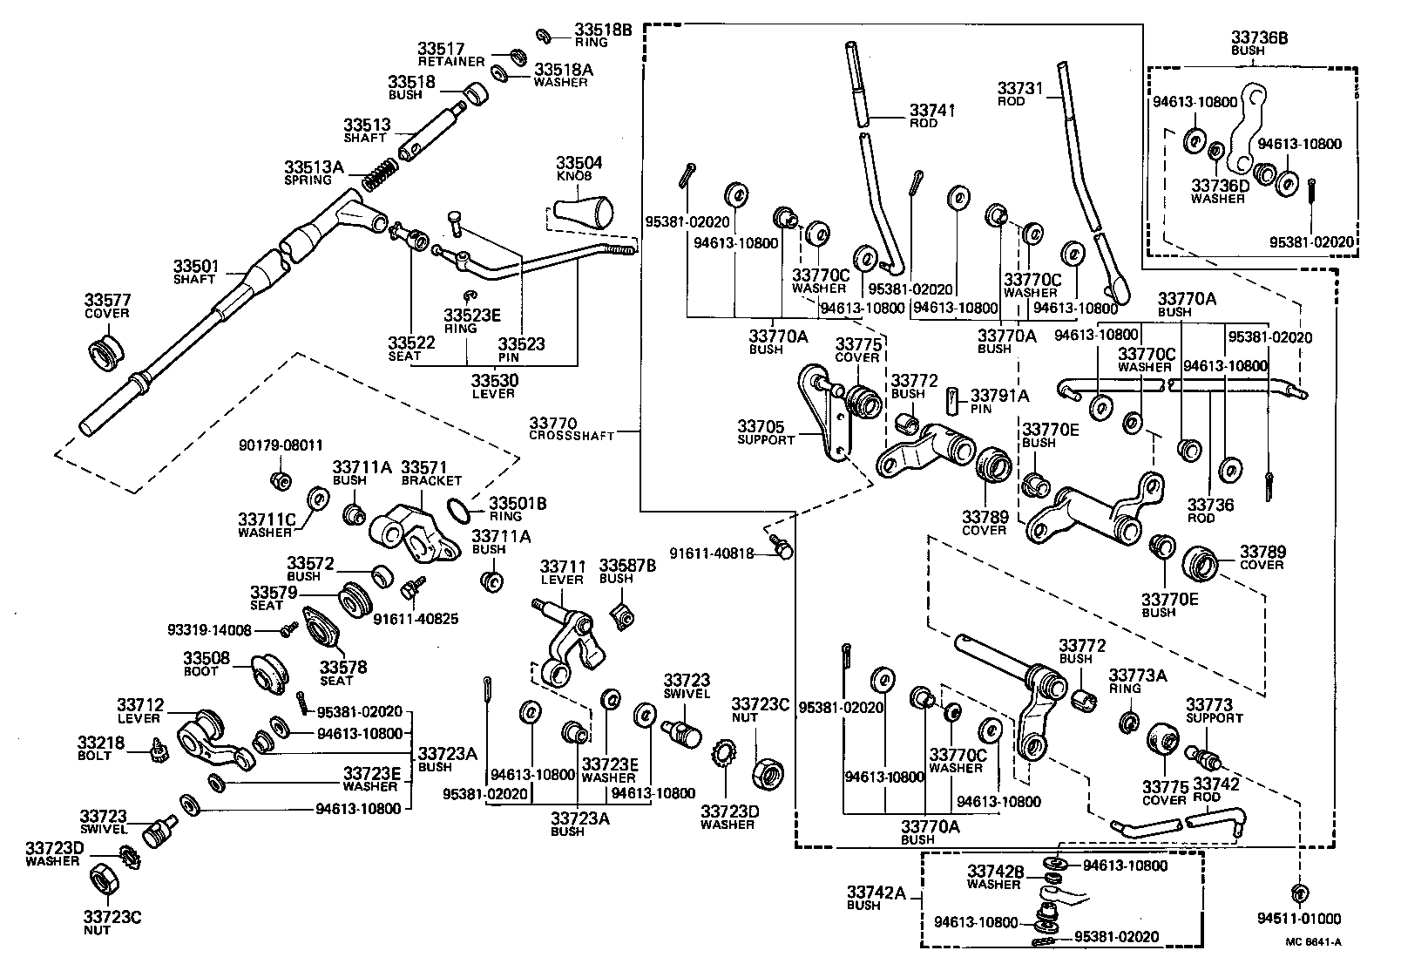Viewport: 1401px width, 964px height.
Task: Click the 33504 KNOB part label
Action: [579, 168]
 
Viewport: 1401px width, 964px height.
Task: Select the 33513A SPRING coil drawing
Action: [378, 178]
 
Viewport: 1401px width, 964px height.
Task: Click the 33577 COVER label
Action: [107, 306]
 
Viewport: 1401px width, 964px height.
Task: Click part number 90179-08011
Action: [281, 444]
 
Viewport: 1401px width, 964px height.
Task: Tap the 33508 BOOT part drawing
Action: [272, 673]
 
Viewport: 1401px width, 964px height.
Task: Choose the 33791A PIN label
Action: [1000, 400]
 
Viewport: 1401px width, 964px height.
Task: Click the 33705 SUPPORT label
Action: [766, 432]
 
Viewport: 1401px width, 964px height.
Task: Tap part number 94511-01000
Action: [1298, 919]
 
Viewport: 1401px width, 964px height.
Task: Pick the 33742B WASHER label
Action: [993, 876]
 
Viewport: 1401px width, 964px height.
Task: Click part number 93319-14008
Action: [209, 629]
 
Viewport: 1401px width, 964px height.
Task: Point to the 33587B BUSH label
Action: [627, 571]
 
